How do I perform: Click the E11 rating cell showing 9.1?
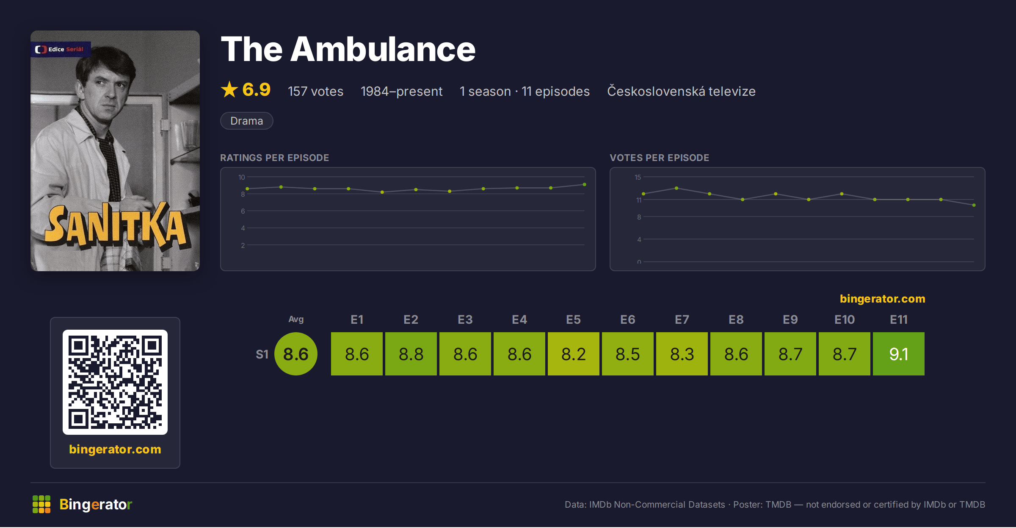[x=898, y=354]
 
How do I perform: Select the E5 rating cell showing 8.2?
[x=573, y=354]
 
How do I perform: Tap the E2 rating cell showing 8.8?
[x=411, y=354]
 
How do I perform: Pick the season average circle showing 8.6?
[x=296, y=354]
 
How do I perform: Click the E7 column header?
[x=682, y=320]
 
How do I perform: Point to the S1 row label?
[x=262, y=354]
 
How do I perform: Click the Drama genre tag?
[x=246, y=121]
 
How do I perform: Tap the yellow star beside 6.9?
[x=229, y=89]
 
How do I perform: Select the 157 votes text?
[x=315, y=91]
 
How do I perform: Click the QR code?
[x=115, y=382]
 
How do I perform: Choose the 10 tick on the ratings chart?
[x=242, y=177]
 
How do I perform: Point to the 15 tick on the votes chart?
[x=638, y=177]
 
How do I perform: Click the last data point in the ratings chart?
[x=584, y=184]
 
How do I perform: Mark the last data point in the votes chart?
[x=974, y=205]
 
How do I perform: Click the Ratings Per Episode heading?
[x=274, y=158]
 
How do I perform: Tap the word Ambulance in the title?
[x=383, y=49]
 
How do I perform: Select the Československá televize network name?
[x=681, y=91]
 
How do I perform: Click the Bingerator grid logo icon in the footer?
[x=41, y=504]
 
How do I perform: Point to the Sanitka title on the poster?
[x=115, y=226]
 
